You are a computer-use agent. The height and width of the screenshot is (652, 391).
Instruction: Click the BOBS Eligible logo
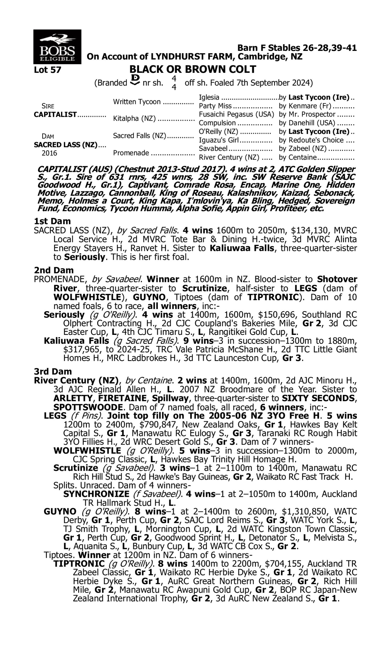pyautogui.click(x=57, y=47)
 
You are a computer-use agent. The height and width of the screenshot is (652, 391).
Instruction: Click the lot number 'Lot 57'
pyautogui.click(x=47, y=70)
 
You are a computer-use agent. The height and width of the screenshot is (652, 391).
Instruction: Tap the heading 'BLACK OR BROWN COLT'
pyautogui.click(x=193, y=69)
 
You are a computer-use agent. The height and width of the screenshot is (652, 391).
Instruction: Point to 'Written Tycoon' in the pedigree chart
pyautogui.click(x=137, y=102)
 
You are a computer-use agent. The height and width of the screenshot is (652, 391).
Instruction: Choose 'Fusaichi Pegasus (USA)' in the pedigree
pyautogui.click(x=236, y=114)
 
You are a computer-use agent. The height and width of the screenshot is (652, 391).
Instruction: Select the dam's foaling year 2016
pyautogui.click(x=49, y=153)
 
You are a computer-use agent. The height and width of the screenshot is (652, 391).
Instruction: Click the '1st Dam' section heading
pyautogui.click(x=52, y=221)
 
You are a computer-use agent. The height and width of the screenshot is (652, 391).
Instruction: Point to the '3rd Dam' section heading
pyautogui.click(x=53, y=371)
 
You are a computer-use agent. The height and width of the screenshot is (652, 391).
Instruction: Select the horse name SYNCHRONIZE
pyautogui.click(x=96, y=494)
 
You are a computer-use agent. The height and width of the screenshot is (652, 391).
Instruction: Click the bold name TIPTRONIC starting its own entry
pyautogui.click(x=79, y=564)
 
